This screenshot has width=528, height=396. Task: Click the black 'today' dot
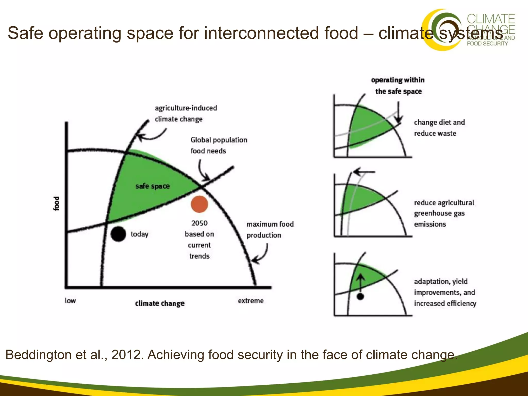pos(118,234)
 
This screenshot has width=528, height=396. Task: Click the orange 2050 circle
pos(199,204)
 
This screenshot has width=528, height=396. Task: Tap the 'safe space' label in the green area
pos(153,186)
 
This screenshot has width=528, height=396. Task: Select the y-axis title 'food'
pos(56,204)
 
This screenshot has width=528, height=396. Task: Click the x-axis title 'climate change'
pos(160,303)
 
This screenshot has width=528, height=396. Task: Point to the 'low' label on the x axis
pos(70,301)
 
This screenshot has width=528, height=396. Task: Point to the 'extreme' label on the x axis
pos(251,301)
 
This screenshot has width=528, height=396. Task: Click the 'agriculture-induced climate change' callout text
pos(186,113)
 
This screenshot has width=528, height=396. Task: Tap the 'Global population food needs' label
pos(219,145)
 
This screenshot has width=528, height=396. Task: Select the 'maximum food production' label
pos(270,229)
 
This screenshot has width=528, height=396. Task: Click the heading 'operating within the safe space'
pos(398,86)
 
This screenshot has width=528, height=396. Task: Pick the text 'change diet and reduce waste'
pos(439,128)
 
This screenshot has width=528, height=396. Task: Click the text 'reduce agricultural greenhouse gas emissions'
pos(444,213)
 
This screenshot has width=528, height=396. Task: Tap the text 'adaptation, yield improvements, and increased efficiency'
pos(445,292)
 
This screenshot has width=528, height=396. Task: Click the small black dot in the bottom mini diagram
pos(360,296)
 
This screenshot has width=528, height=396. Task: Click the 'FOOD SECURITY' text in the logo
pos(487,44)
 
